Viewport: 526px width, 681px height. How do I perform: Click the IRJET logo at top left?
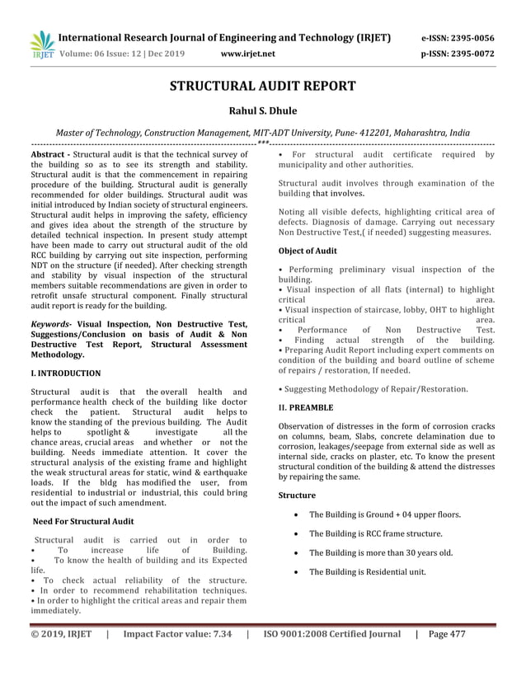pos(40,45)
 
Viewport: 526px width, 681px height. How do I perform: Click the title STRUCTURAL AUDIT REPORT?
pos(262,87)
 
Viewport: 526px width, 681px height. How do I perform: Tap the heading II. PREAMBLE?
pos(306,407)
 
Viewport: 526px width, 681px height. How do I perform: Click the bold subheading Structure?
pos(297,495)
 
